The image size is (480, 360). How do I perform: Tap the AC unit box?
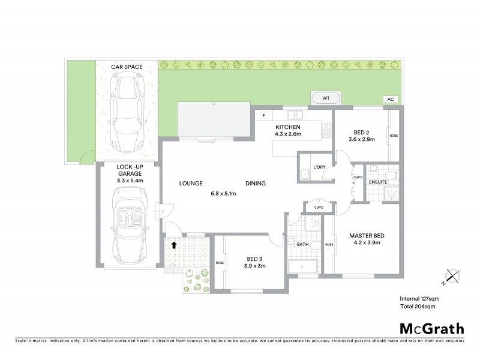[x=390, y=99]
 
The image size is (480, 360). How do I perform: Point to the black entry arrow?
[x=175, y=245]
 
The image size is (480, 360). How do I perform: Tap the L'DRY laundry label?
[x=319, y=167]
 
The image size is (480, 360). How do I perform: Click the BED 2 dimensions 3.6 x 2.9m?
[x=361, y=139]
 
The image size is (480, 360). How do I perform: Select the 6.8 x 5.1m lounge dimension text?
[x=224, y=193]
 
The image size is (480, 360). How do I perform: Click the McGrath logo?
[x=431, y=328]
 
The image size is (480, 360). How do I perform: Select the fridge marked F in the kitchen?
[x=263, y=115]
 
